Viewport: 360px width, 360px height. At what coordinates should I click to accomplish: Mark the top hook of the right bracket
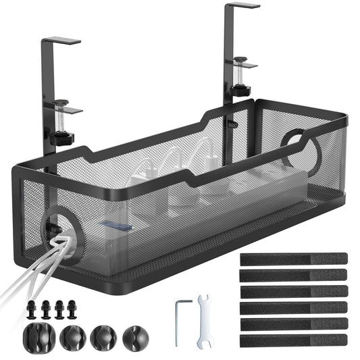coord(243,5)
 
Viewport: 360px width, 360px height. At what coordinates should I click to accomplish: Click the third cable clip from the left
coord(103,337)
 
